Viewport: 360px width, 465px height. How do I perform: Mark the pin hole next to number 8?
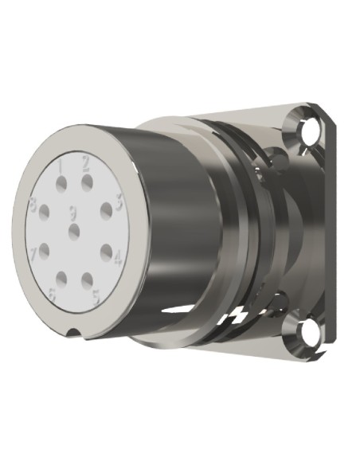[x=45, y=212]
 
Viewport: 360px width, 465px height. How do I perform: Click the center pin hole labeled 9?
[x=74, y=231]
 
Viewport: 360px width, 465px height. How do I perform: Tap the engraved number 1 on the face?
[x=61, y=165]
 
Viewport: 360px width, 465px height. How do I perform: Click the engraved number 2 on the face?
[x=85, y=165]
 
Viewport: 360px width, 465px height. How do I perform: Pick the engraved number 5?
[x=96, y=296]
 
